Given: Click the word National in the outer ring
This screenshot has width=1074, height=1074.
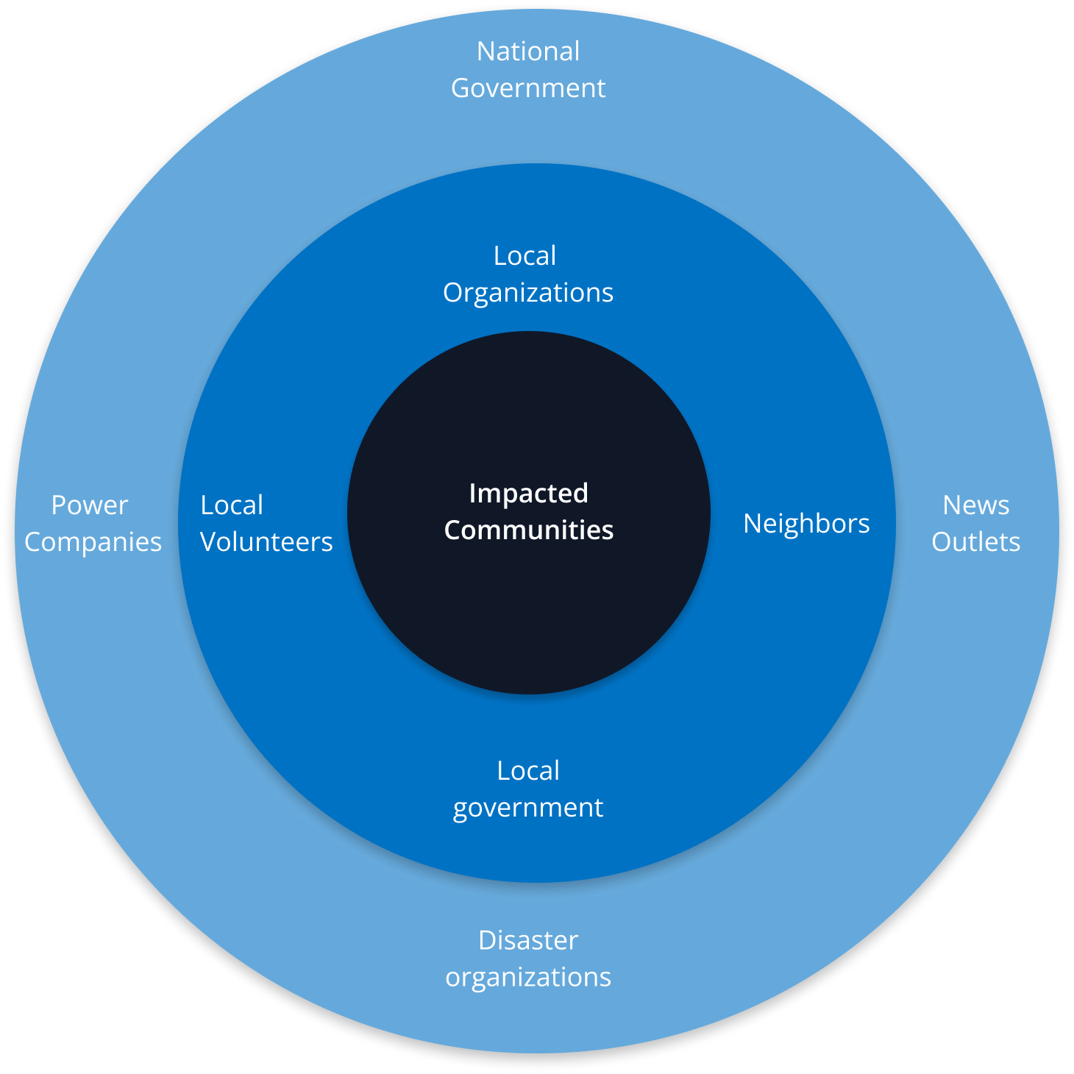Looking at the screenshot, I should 528,51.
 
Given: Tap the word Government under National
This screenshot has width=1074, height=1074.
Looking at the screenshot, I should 528,88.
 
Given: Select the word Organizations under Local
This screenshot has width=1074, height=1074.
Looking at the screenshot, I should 528,293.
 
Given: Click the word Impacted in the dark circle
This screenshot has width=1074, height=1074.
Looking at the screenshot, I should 528,494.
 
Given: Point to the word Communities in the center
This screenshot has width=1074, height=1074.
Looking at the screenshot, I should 528,530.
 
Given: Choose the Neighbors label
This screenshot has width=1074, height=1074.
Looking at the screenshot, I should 806,524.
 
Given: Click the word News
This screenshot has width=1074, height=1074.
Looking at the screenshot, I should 976,505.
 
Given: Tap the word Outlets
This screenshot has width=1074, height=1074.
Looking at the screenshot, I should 976,542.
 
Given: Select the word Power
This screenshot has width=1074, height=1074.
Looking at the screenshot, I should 90,505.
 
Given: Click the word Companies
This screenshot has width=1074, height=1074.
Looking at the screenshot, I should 93,542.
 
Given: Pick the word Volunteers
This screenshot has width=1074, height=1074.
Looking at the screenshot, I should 266,542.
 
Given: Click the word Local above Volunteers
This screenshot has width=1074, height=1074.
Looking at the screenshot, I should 232,505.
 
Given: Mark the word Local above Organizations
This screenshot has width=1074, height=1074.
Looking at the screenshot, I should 524,256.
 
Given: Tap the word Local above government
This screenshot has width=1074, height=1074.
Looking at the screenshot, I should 528,771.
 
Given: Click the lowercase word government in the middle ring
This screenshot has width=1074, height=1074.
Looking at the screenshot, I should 528,808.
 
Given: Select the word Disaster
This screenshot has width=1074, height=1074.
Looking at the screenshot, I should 528,940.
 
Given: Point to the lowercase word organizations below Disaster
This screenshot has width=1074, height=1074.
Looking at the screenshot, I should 528,977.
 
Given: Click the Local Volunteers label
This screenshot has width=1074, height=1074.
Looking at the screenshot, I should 266,524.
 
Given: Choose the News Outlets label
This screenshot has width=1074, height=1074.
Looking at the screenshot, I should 976,524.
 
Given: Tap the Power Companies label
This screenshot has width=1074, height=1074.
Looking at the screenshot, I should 93,524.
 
